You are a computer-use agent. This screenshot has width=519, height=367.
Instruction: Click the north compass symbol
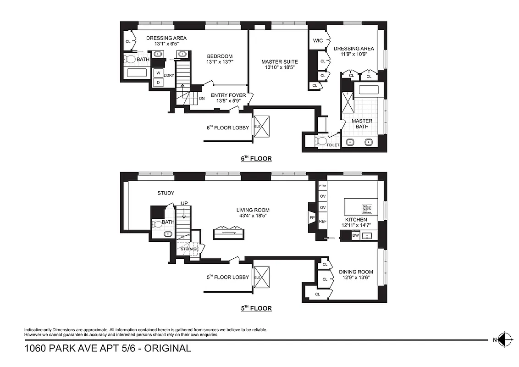(x=504, y=339)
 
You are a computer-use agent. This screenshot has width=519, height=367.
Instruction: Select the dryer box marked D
(x=158, y=82)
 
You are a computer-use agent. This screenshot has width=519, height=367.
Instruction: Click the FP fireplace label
(x=312, y=218)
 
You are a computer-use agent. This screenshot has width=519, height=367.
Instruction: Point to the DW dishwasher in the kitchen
(x=355, y=235)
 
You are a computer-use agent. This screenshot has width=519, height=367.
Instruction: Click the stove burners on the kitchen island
(x=367, y=209)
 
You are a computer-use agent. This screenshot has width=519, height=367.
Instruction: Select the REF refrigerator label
(x=322, y=221)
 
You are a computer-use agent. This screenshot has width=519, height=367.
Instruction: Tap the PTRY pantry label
(x=322, y=186)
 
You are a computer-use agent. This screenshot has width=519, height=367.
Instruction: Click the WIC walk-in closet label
(x=318, y=41)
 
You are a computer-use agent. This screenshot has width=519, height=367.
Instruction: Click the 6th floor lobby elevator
(x=262, y=127)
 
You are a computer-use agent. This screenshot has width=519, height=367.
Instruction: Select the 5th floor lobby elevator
(x=262, y=277)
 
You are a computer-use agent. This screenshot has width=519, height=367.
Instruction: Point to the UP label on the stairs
(x=184, y=203)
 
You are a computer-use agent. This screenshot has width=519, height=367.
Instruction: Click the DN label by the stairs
(x=202, y=99)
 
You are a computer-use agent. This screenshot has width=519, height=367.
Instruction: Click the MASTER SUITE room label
(x=279, y=61)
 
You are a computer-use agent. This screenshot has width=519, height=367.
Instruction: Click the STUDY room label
(x=166, y=193)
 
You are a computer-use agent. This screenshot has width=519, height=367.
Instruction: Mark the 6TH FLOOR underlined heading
(x=256, y=159)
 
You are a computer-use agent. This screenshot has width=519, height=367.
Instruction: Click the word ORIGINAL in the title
(x=168, y=348)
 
